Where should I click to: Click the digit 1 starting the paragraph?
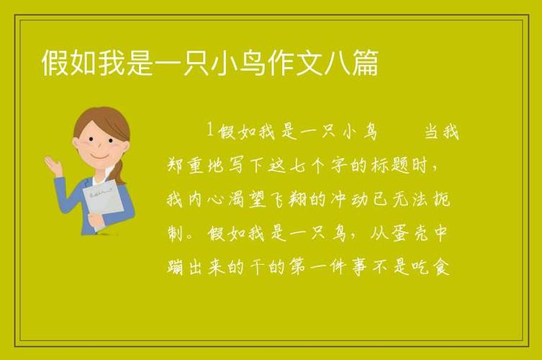click(x=209, y=130)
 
